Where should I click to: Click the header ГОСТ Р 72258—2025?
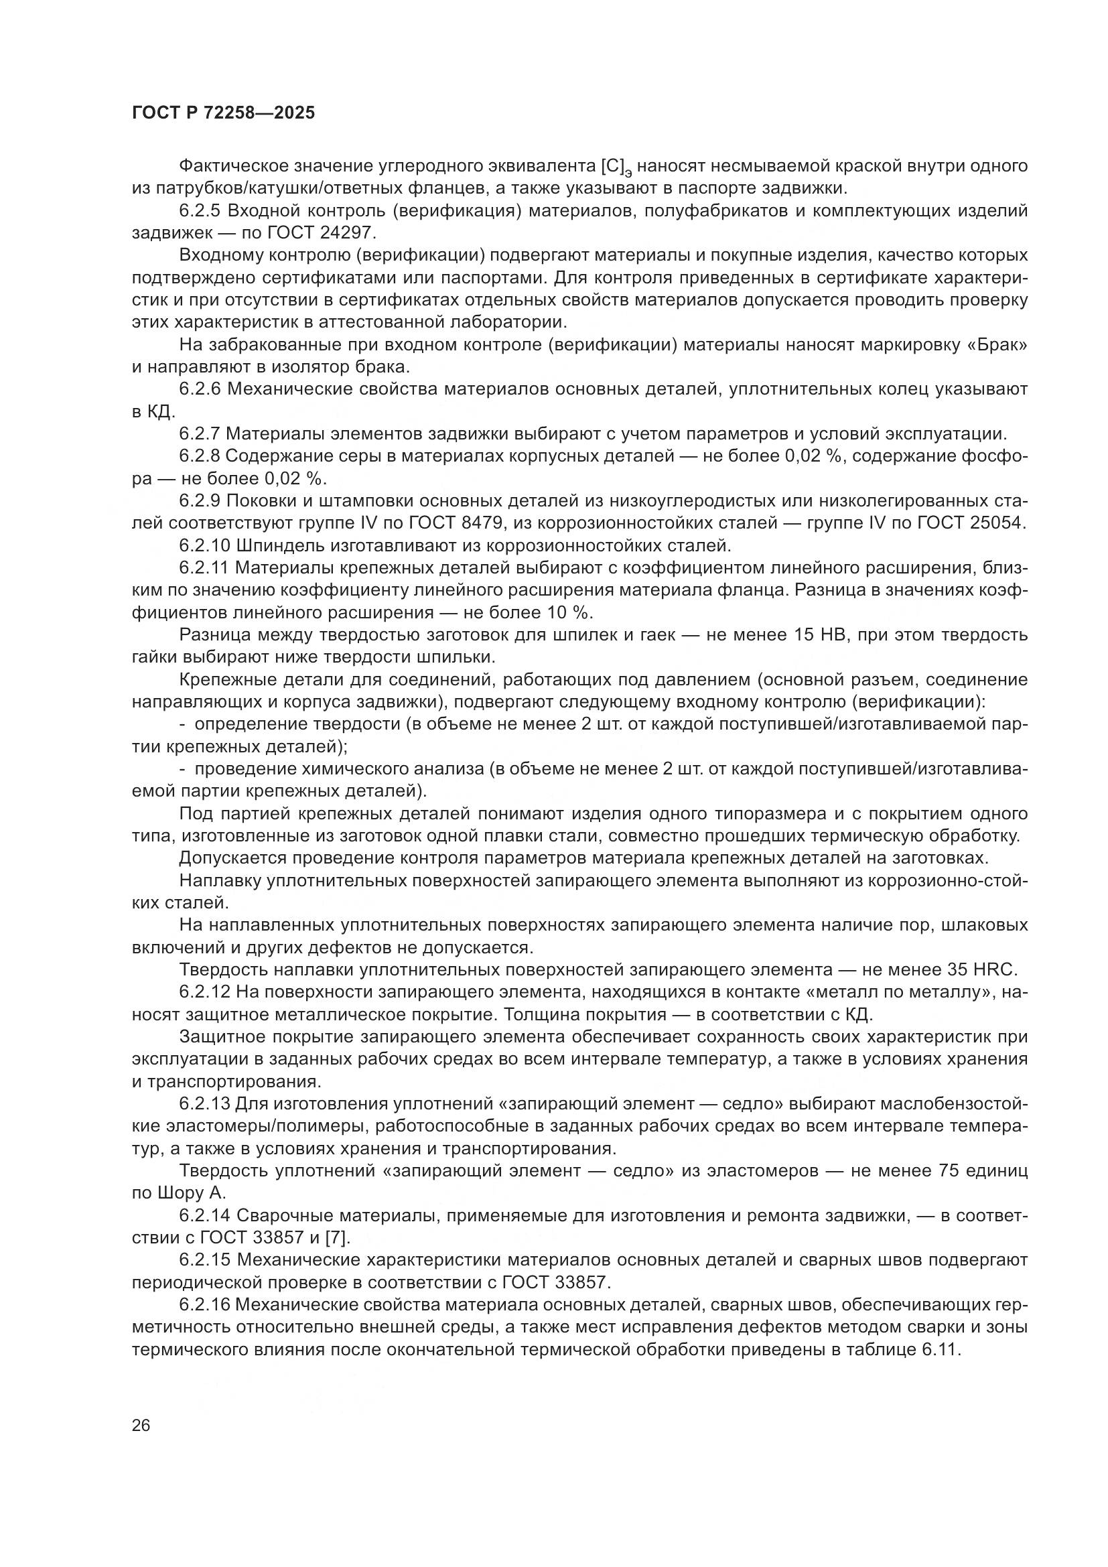click(224, 113)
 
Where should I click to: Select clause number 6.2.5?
click(200, 211)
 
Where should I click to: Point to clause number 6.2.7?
click(200, 433)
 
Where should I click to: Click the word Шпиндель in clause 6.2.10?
click(281, 545)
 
